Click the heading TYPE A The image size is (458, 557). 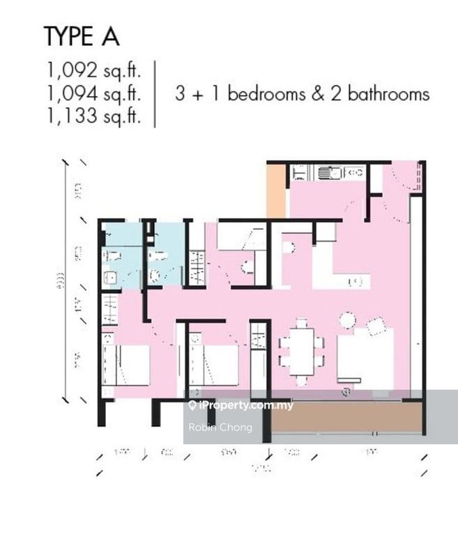(x=81, y=36)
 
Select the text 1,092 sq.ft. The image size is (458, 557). (x=94, y=70)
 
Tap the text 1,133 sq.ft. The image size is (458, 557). (x=94, y=116)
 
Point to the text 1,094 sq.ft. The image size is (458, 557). (x=94, y=93)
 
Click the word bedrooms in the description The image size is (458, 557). (x=266, y=93)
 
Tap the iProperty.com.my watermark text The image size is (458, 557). (x=245, y=405)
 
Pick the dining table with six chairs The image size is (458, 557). (x=301, y=352)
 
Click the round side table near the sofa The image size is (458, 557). (x=346, y=320)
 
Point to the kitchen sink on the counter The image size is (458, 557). (x=326, y=172)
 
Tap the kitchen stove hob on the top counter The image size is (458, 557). (x=354, y=172)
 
